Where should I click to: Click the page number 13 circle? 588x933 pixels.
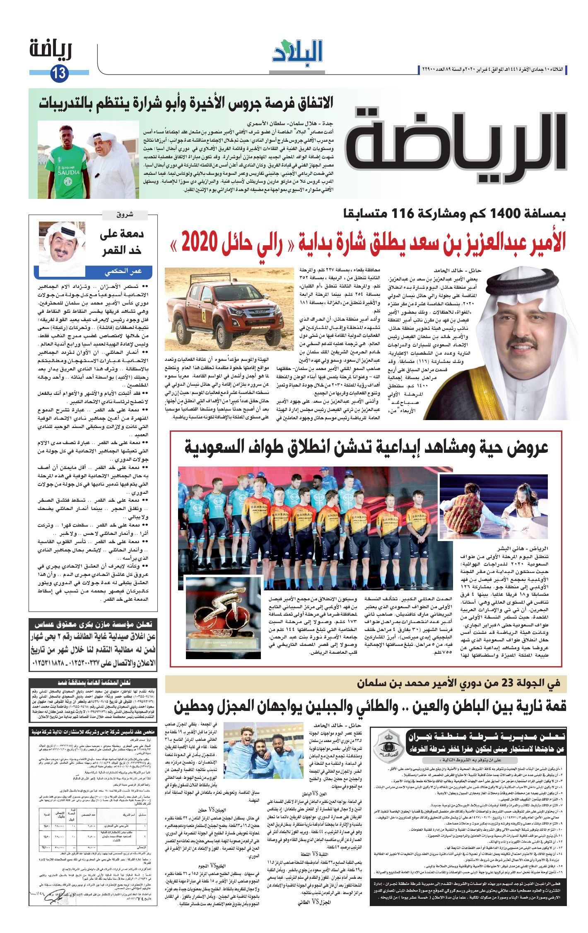pos(59,74)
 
